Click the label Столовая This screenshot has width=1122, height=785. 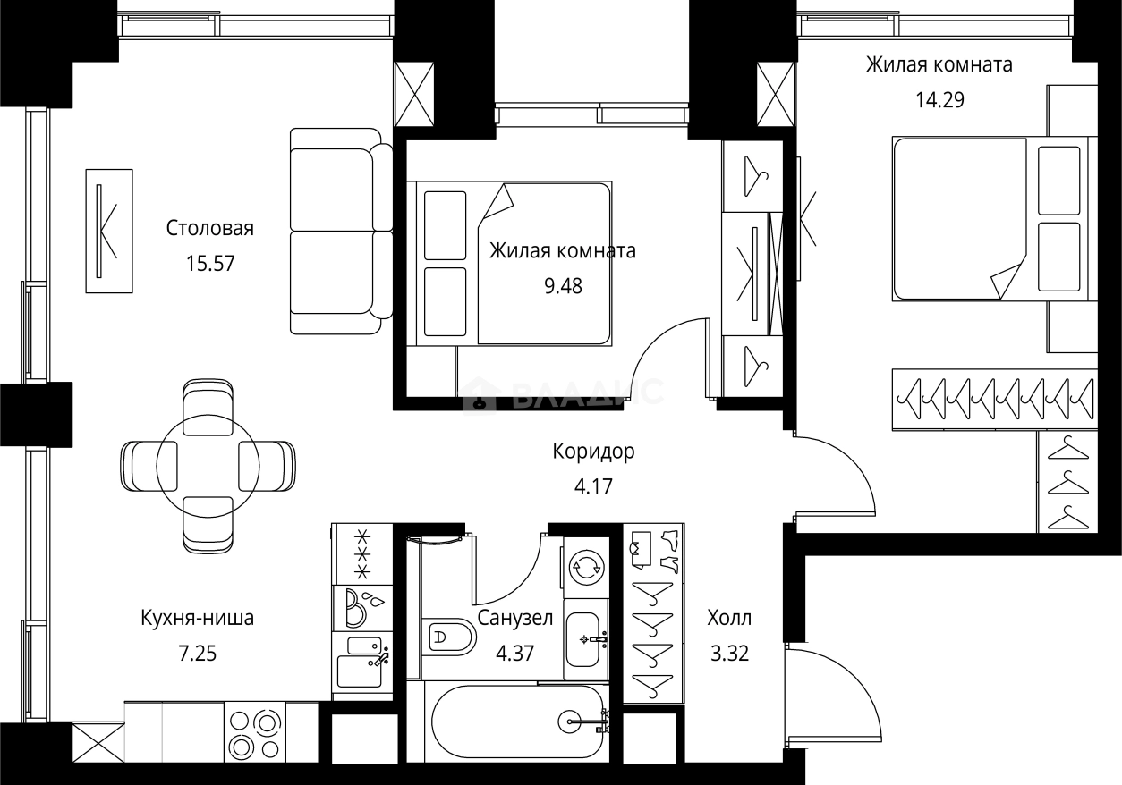pos(210,229)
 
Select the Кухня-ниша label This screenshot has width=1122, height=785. pos(197,618)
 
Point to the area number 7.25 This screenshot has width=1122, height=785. pos(197,654)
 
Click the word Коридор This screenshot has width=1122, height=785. pos(593,452)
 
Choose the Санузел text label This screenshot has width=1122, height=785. pos(514,618)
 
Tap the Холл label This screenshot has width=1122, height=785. pos(729,618)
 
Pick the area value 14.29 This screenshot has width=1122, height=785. pos(939,100)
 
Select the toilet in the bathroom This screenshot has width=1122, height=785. pos(450,637)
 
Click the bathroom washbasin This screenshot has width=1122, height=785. pos(586,639)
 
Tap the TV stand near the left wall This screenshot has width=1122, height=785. pos(108,230)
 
